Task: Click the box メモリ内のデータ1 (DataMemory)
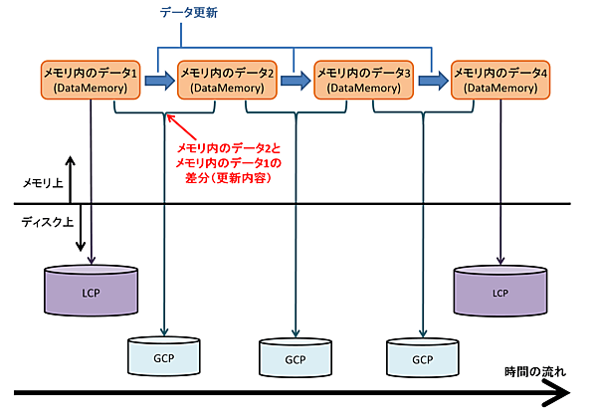[91, 80]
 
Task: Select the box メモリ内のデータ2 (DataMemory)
[227, 80]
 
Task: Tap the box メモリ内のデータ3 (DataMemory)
[364, 80]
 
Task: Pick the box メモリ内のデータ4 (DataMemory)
[500, 80]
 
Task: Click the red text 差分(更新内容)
[228, 176]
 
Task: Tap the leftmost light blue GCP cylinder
[164, 357]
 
